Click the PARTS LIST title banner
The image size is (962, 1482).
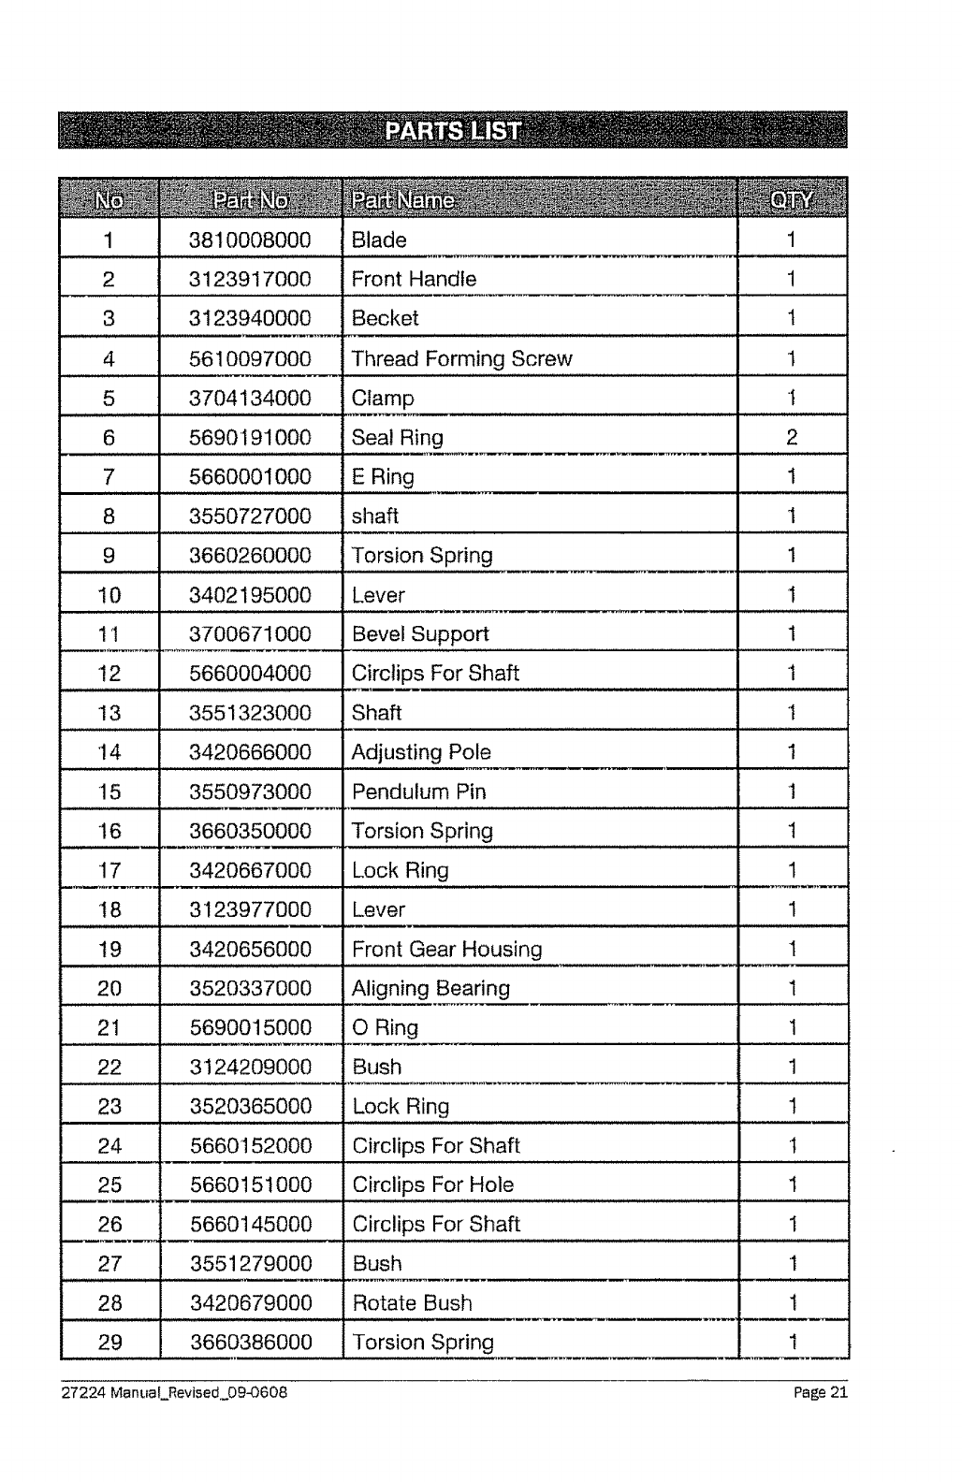pyautogui.click(x=452, y=131)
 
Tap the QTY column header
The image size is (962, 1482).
pyautogui.click(x=791, y=199)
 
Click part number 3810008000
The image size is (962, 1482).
pyautogui.click(x=250, y=240)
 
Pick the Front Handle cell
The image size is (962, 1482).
pyautogui.click(x=414, y=279)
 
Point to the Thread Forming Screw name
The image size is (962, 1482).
pyautogui.click(x=461, y=358)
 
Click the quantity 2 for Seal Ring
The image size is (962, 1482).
pyautogui.click(x=792, y=437)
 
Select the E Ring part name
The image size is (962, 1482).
pyautogui.click(x=383, y=477)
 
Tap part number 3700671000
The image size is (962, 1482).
pyautogui.click(x=250, y=634)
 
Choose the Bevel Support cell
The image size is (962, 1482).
pyautogui.click(x=420, y=634)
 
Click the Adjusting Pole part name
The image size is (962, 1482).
pyautogui.click(x=421, y=752)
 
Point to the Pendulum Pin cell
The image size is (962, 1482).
pyautogui.click(x=418, y=792)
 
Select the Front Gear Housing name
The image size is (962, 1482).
pyautogui.click(x=446, y=950)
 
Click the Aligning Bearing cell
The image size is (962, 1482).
pyautogui.click(x=430, y=989)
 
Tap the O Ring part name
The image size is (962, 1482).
pyautogui.click(x=385, y=1028)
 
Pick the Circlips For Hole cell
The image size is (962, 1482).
pyautogui.click(x=432, y=1185)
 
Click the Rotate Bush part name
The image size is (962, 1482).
pyautogui.click(x=412, y=1303)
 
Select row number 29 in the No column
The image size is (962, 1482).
pyautogui.click(x=109, y=1343)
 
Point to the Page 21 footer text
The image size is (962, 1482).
pyautogui.click(x=821, y=1392)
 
